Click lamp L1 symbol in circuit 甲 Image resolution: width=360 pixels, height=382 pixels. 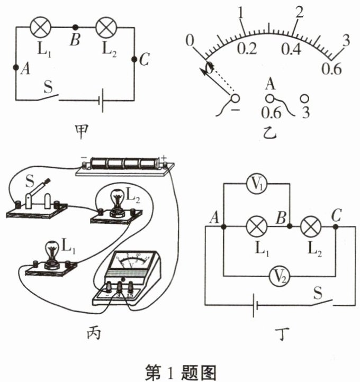point(40,27)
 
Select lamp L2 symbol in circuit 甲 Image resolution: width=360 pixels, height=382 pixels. point(106,27)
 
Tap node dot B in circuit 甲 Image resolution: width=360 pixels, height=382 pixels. point(76,27)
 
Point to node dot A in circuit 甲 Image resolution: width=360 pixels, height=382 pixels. point(16,67)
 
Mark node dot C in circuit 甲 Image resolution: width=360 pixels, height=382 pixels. point(134,59)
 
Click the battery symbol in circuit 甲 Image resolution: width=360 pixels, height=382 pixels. point(101,101)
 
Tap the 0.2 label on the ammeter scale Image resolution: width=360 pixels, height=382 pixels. point(247,49)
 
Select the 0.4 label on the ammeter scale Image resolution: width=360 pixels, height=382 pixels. point(291,49)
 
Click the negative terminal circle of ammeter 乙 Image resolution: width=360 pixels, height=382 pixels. point(235,98)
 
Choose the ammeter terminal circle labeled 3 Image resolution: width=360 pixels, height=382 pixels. point(304,99)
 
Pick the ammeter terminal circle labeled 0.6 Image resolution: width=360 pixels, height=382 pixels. point(270,98)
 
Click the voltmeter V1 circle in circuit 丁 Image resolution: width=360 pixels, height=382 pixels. point(256,184)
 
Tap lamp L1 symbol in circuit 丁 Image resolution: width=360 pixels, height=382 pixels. point(257,226)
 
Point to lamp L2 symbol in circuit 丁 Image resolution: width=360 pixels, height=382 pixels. point(311,226)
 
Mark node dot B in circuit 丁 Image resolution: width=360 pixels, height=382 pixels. point(290,226)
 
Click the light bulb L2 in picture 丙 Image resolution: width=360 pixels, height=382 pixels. point(118,201)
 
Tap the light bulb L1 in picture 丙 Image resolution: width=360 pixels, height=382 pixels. point(52,253)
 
